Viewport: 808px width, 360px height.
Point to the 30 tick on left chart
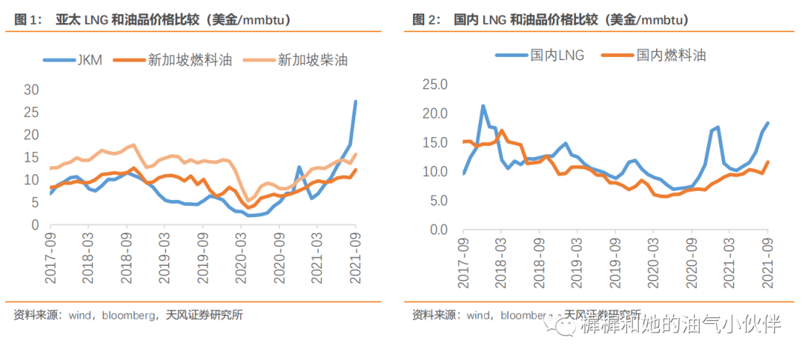(x=31, y=90)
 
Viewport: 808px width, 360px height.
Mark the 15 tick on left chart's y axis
(x=31, y=157)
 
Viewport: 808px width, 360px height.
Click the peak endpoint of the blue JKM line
(x=355, y=101)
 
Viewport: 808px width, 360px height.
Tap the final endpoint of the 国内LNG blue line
(x=768, y=123)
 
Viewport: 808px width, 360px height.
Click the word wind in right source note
(x=479, y=315)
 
